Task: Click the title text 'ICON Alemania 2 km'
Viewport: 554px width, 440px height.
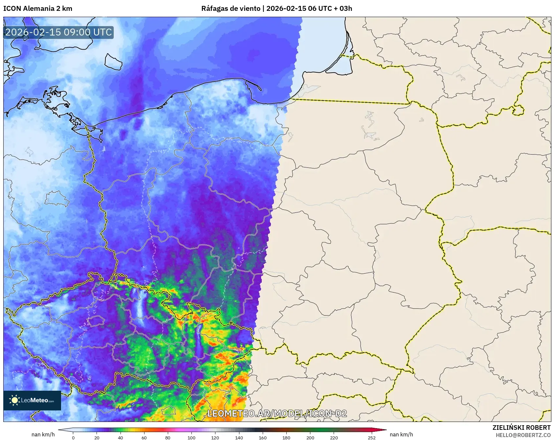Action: [38, 9]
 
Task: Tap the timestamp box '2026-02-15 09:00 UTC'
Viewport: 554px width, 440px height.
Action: [58, 32]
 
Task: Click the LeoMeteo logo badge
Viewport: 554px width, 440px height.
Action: [32, 400]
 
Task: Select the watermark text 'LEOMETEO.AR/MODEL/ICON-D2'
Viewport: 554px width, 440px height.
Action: [277, 413]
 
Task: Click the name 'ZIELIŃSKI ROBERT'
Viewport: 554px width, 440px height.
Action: [521, 428]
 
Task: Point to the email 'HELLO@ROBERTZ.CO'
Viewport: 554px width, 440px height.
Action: [523, 435]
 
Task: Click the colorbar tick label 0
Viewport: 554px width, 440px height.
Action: [73, 437]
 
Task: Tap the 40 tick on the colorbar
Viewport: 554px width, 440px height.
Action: [121, 437]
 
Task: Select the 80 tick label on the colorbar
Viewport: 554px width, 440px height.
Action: [168, 437]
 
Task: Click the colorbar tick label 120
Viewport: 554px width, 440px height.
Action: [215, 437]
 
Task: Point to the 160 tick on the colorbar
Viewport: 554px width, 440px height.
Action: [263, 437]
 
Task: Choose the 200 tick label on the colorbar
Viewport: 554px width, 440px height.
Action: [310, 437]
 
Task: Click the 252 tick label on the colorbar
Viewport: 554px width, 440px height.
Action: [371, 437]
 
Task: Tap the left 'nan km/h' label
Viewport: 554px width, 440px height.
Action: [43, 434]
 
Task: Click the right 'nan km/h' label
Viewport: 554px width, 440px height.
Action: [401, 434]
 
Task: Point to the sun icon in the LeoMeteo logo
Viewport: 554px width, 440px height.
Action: [14, 400]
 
